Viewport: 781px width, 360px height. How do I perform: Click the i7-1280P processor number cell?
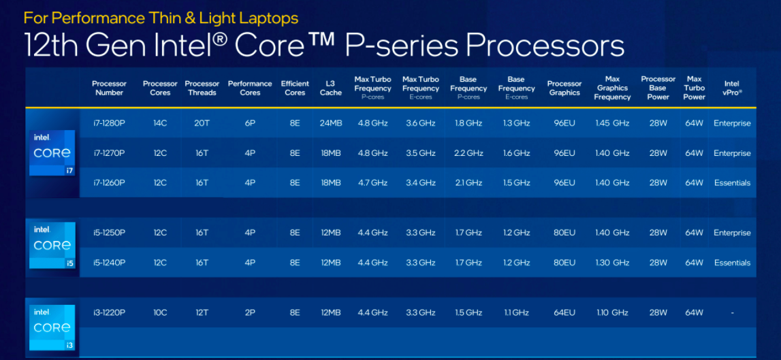pos(108,123)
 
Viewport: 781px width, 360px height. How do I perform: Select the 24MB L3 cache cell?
pos(331,123)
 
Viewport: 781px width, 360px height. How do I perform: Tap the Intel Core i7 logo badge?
pos(52,153)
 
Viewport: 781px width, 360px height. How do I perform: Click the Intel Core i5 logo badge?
pos(52,246)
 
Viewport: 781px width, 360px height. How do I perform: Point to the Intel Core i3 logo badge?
pos(52,327)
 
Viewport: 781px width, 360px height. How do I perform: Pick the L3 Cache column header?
pos(331,88)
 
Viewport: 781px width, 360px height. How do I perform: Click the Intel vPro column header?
pos(732,88)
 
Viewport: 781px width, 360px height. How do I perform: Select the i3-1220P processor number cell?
pos(109,312)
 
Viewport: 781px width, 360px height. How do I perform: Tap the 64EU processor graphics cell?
pos(564,312)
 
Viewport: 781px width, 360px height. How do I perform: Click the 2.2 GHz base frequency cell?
pos(468,153)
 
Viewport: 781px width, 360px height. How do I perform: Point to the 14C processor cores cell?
pos(160,123)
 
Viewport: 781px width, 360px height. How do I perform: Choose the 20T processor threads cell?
pos(202,123)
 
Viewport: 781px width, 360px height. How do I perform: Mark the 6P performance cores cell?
pos(250,123)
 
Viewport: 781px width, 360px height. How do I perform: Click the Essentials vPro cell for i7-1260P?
pos(732,183)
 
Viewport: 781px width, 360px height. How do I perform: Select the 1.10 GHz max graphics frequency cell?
pos(612,312)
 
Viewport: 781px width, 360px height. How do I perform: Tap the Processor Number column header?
pos(109,88)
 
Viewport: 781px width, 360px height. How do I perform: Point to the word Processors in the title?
pos(545,46)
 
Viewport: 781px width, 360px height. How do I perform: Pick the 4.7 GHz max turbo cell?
pos(372,183)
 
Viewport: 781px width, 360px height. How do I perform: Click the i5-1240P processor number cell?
pos(109,263)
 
